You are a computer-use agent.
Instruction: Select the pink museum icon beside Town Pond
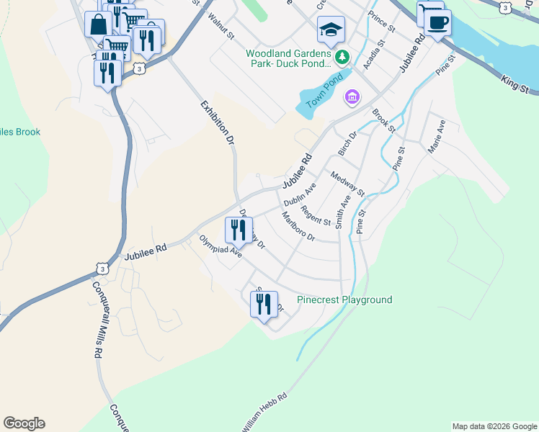(352, 96)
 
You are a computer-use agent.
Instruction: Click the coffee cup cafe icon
(437, 22)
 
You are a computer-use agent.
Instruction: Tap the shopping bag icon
(98, 24)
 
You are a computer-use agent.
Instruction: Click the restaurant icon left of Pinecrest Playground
(264, 304)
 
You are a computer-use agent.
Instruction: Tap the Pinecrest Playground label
(344, 300)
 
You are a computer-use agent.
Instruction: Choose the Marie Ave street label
(437, 136)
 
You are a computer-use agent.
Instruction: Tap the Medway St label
(347, 183)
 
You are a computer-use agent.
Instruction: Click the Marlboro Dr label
(298, 227)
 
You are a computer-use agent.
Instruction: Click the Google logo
(24, 423)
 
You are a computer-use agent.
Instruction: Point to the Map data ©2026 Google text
(494, 426)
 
